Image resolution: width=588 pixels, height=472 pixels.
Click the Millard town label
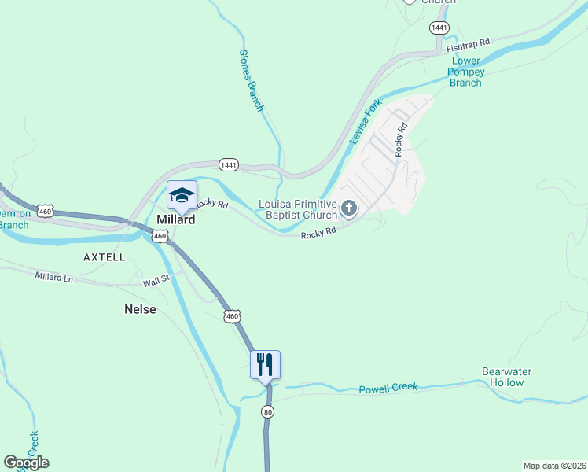click(x=175, y=220)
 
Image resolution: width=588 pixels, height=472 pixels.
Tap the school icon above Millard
click(x=182, y=196)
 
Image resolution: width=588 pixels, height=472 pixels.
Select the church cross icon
click(x=348, y=208)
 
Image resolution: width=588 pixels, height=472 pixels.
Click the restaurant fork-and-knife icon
click(x=265, y=364)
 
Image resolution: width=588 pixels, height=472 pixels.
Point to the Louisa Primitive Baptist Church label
click(x=297, y=209)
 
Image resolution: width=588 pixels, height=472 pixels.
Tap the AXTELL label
click(x=105, y=257)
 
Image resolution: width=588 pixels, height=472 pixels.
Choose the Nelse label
click(x=140, y=309)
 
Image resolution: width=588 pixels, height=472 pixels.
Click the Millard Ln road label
click(x=53, y=277)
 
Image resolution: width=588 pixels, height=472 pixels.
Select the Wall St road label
click(x=156, y=282)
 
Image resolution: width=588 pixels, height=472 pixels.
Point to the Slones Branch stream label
click(x=250, y=80)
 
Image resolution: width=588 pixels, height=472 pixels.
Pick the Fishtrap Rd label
click(x=469, y=46)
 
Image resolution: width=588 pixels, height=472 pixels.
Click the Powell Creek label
click(x=388, y=388)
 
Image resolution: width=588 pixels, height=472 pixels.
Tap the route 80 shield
click(x=268, y=412)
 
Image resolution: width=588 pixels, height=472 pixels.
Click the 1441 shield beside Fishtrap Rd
click(x=439, y=28)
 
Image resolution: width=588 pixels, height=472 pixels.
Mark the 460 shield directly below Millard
click(x=160, y=236)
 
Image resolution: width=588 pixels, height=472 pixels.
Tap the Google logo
click(x=26, y=463)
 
